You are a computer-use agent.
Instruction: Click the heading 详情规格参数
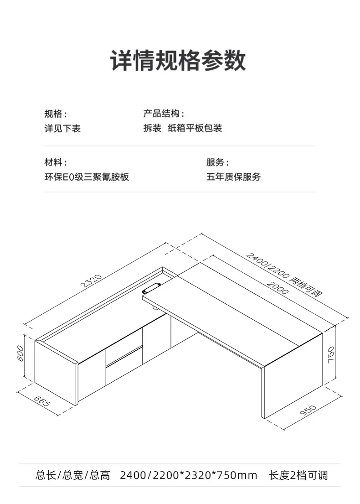click(x=178, y=61)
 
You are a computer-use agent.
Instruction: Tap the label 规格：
click(x=56, y=114)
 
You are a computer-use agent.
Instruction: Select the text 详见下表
click(x=62, y=129)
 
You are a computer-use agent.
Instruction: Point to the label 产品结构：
click(x=164, y=114)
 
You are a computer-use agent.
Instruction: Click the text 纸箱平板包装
click(x=195, y=129)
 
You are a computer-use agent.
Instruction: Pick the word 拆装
click(x=152, y=129)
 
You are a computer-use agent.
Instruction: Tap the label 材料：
click(x=56, y=162)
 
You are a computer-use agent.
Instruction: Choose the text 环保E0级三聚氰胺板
click(x=87, y=177)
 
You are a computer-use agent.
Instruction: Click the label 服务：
click(x=218, y=162)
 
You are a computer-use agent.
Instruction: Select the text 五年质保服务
click(x=234, y=177)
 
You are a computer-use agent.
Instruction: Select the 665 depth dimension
click(x=41, y=401)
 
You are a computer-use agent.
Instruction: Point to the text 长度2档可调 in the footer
click(x=298, y=476)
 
